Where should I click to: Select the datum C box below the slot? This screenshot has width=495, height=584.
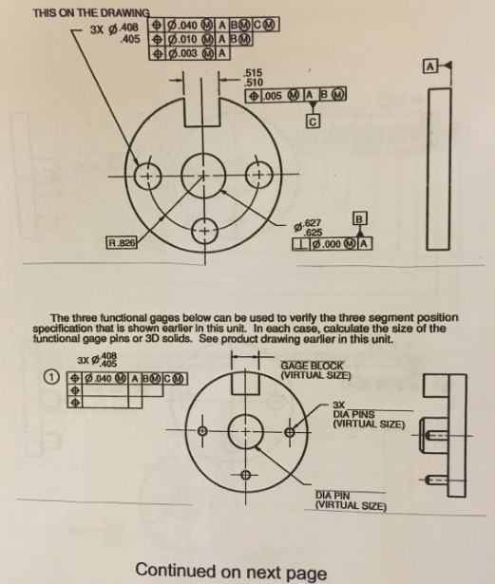pyautogui.click(x=310, y=121)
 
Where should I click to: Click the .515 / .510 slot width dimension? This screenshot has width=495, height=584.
pyautogui.click(x=253, y=78)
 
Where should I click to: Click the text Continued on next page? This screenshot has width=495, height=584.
pyautogui.click(x=231, y=571)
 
